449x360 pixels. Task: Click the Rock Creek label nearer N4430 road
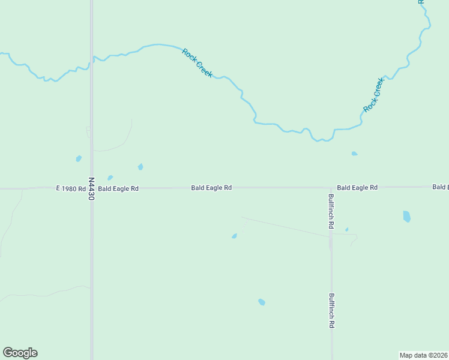coord(197,62)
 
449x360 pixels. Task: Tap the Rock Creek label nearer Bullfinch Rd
coord(373,95)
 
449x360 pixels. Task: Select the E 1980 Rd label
coord(71,188)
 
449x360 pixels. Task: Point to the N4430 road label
coord(91,188)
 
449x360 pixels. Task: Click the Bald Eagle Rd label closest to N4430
coord(118,188)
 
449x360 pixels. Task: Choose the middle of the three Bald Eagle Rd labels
coord(211,188)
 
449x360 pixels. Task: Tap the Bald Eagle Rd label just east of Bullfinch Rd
coord(357,188)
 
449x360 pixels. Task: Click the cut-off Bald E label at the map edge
coord(440,187)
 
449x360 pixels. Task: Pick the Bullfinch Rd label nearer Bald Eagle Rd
coord(331,211)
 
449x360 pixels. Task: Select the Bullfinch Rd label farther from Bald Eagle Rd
coord(331,310)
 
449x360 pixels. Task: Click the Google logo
coord(20,353)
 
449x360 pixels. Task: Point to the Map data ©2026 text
coord(424,355)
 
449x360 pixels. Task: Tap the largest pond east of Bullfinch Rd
coord(407,217)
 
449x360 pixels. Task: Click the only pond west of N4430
coord(79,159)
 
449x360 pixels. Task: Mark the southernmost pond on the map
coord(262,302)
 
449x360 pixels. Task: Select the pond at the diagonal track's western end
coord(234,236)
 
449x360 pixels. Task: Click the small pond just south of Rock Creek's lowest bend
coord(354,154)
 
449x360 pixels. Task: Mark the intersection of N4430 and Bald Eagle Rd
coord(91,188)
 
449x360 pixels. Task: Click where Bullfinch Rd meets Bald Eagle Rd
coord(331,187)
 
